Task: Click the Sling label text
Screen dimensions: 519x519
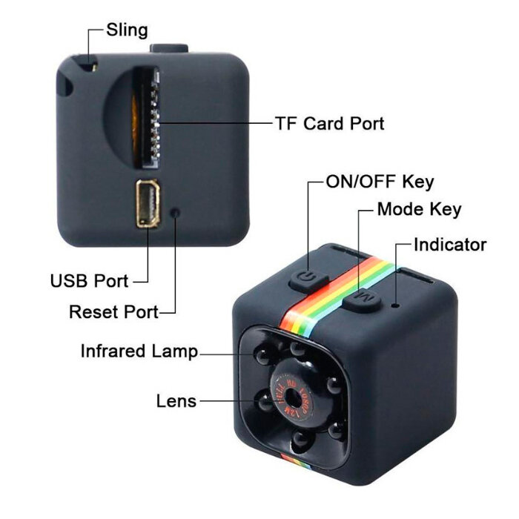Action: click(127, 30)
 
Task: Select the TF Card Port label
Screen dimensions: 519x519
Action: click(329, 123)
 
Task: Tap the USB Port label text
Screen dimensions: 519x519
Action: click(89, 281)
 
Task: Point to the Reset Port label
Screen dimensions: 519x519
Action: click(113, 311)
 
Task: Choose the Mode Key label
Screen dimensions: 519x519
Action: click(419, 210)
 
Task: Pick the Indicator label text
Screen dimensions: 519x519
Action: click(450, 245)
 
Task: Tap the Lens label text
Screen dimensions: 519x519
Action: click(176, 401)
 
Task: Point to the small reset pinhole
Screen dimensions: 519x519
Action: click(176, 212)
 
